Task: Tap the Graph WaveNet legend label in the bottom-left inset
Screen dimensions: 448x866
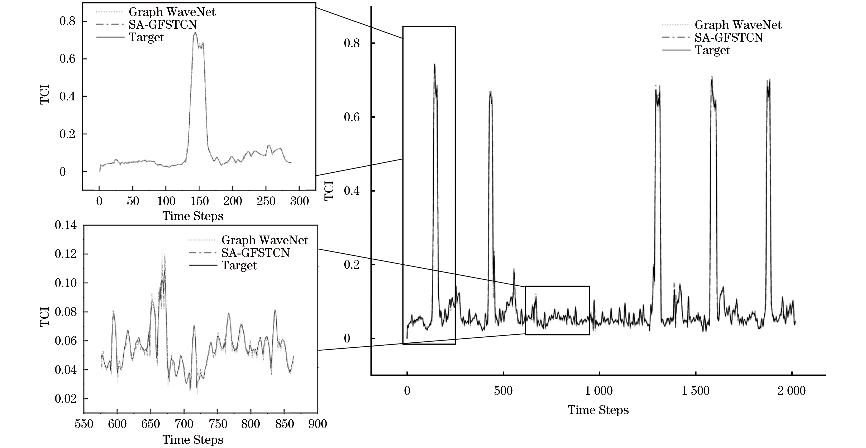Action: pyautogui.click(x=265, y=240)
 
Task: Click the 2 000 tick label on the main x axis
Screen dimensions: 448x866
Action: pyautogui.click(x=791, y=391)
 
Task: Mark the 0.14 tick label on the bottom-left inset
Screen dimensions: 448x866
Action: pyautogui.click(x=66, y=225)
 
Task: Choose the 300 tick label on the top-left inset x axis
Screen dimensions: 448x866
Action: pyautogui.click(x=299, y=201)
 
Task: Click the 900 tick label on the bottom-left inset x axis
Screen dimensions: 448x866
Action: pyautogui.click(x=317, y=424)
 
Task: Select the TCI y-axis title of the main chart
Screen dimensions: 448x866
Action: pyautogui.click(x=329, y=190)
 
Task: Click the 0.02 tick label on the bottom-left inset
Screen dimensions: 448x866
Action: pyautogui.click(x=66, y=399)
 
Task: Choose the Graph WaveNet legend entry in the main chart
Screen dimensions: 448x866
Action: pyautogui.click(x=738, y=25)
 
